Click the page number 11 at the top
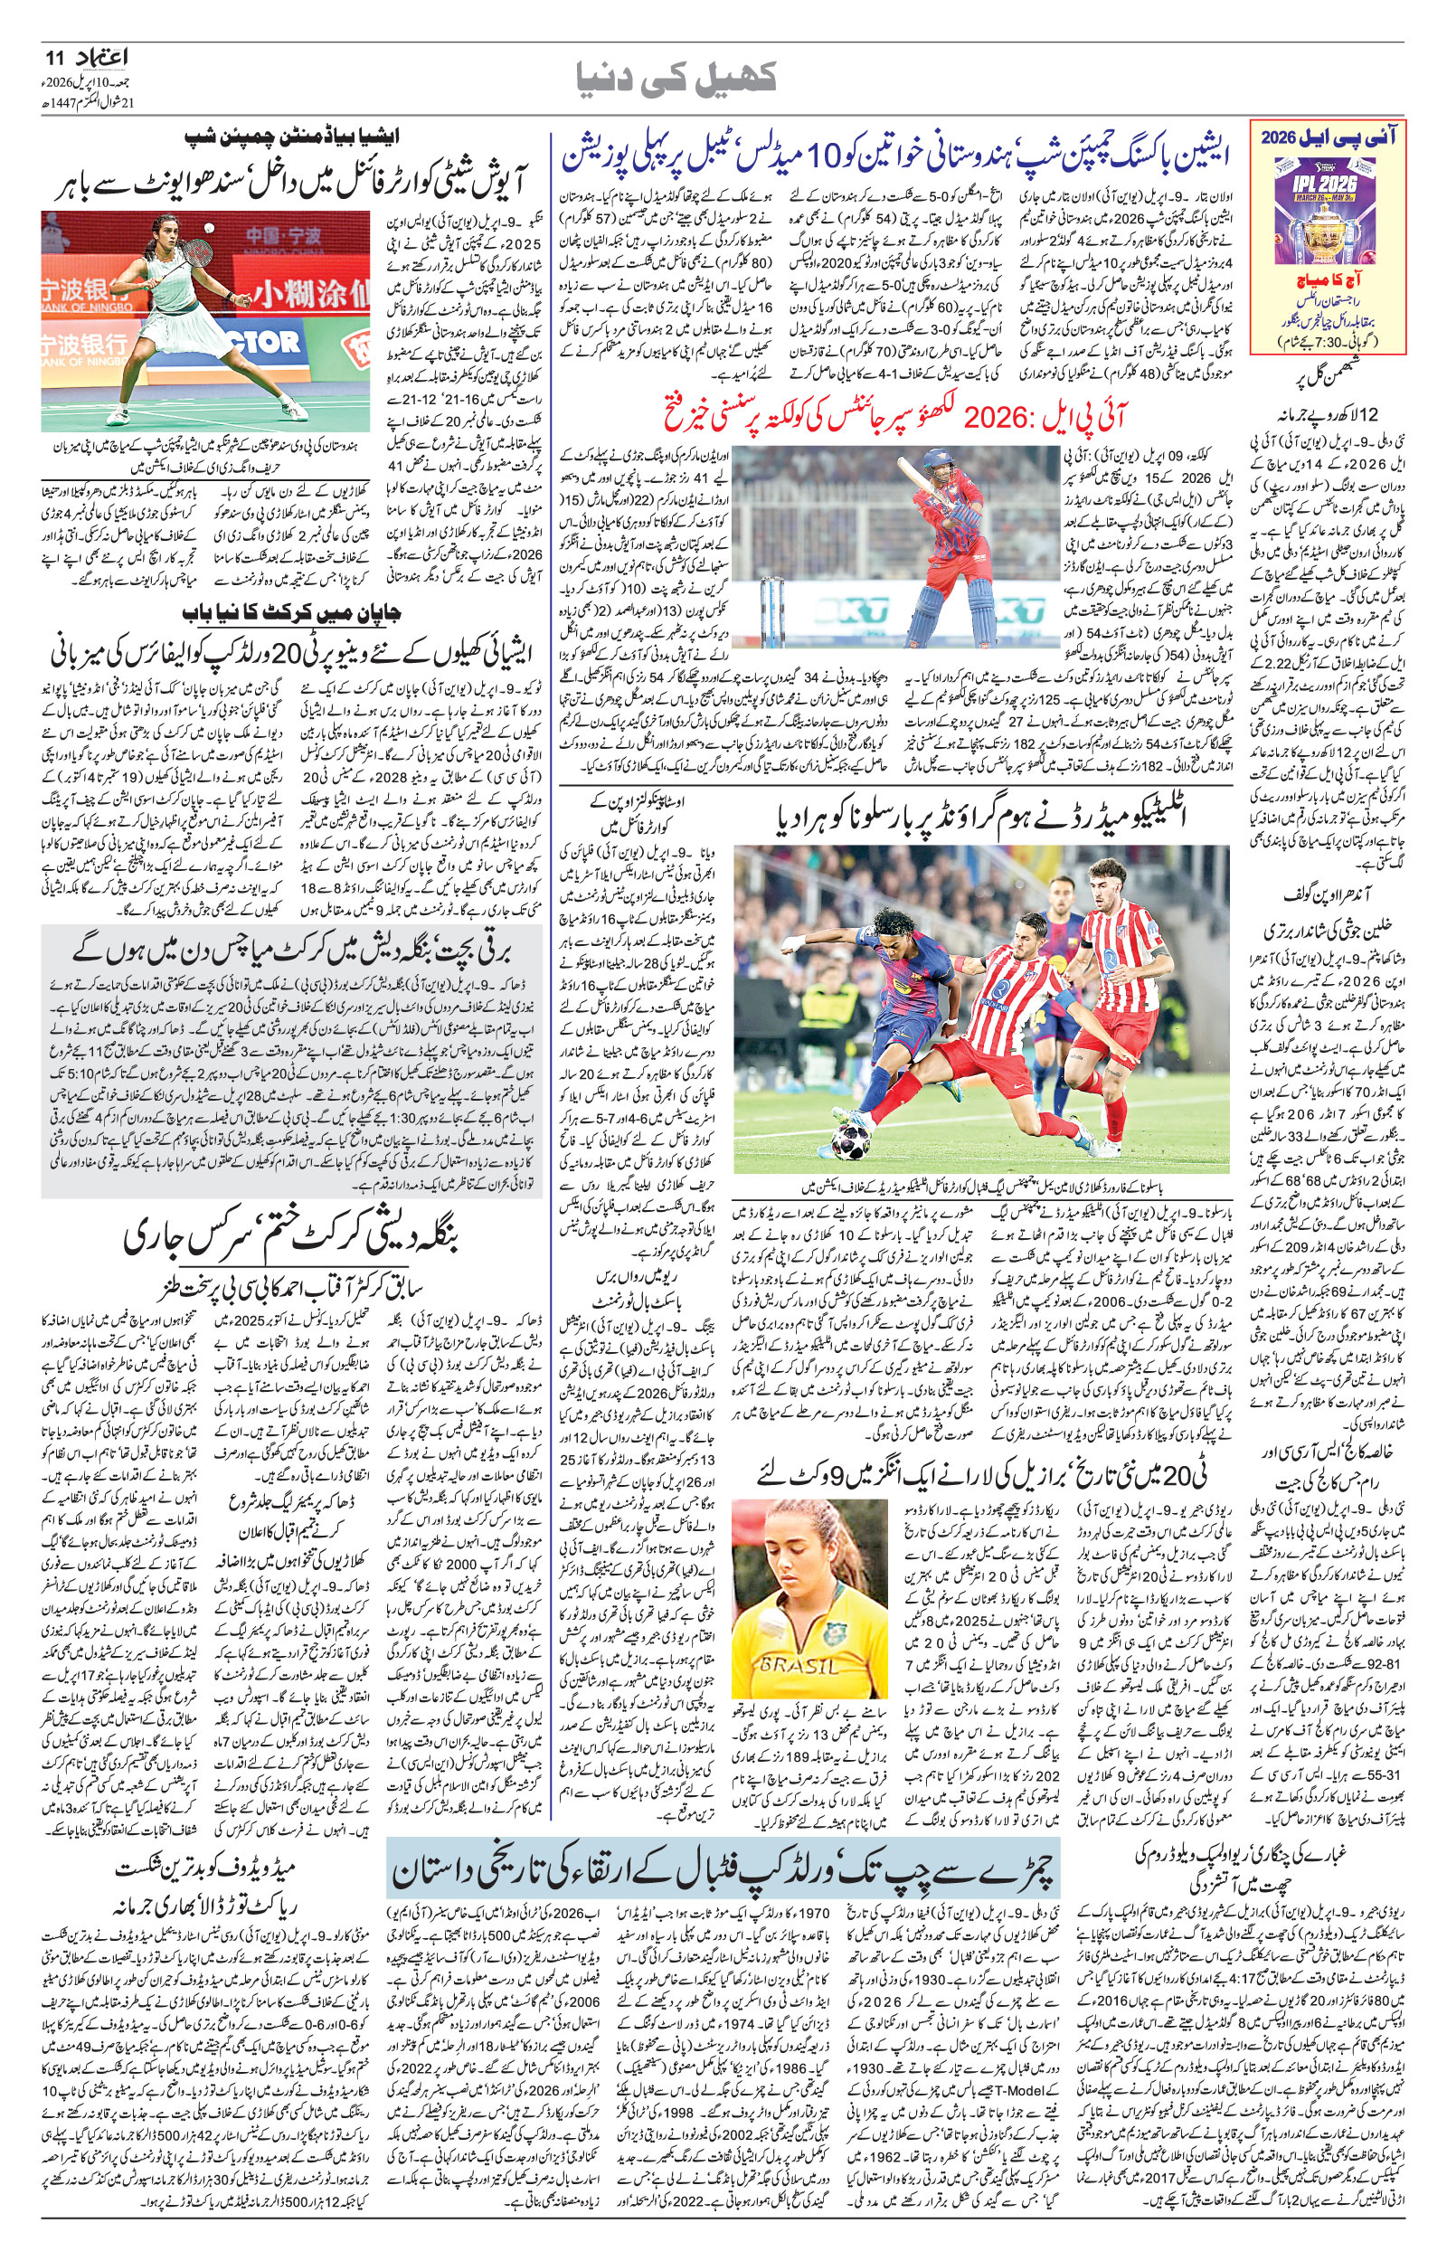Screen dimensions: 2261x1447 tap(52, 58)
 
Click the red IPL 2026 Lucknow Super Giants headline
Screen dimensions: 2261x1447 tap(883, 416)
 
